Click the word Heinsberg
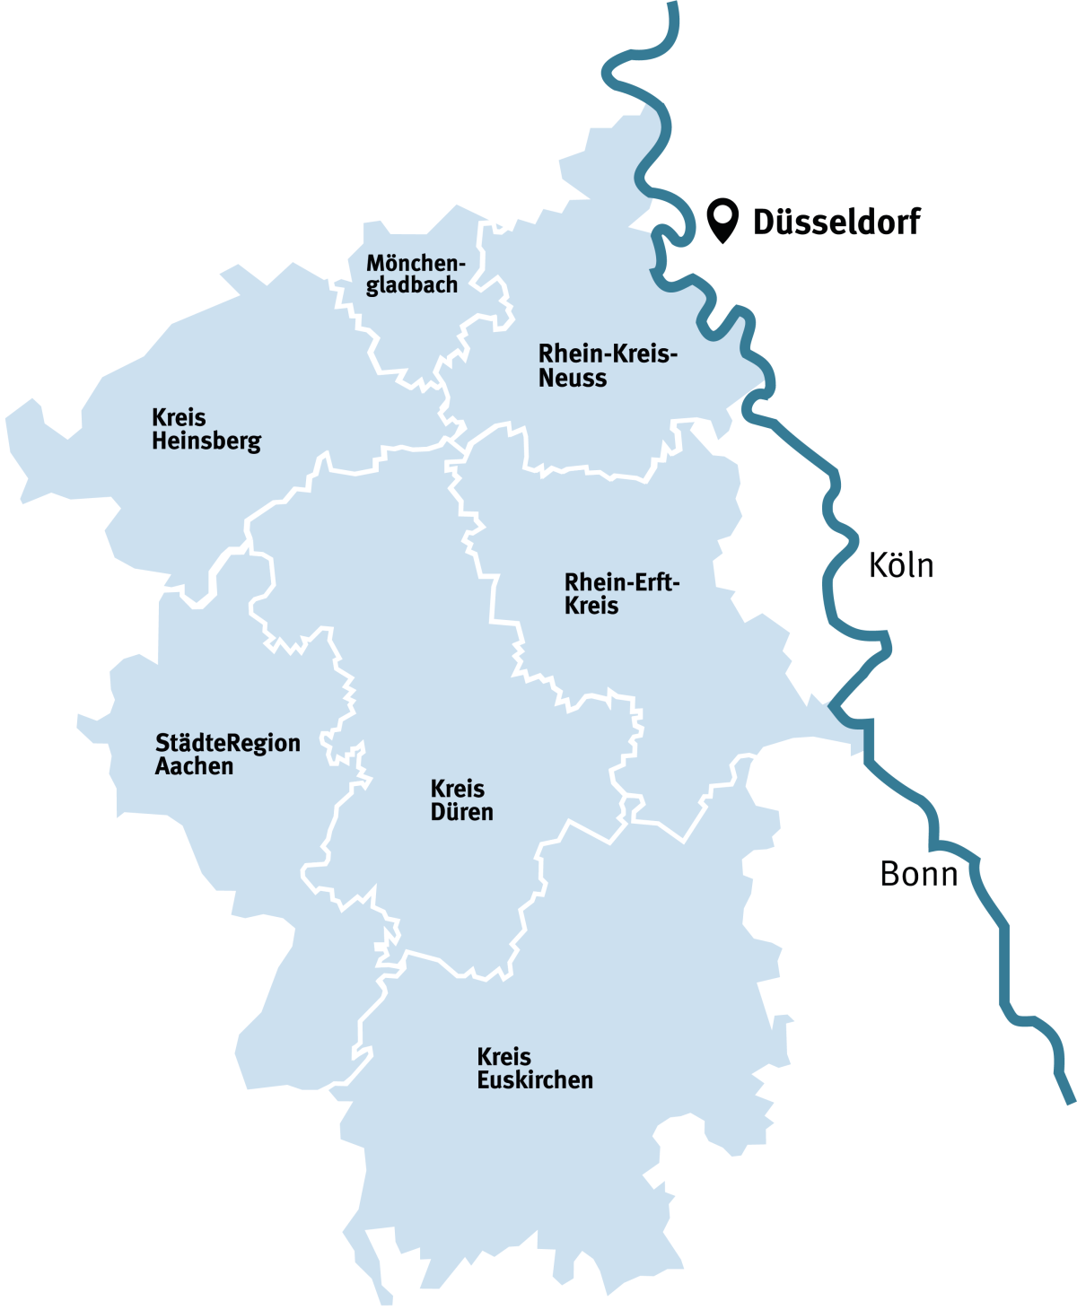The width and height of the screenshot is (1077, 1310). click(x=206, y=441)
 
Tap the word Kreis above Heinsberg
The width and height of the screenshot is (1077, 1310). click(x=179, y=418)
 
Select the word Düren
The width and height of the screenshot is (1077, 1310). click(x=461, y=812)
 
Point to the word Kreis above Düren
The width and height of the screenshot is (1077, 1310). click(x=458, y=789)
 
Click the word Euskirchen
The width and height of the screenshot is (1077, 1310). click(x=535, y=1079)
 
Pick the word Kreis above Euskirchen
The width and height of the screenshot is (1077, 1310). click(x=503, y=1056)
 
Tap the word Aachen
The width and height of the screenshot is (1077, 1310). click(x=194, y=766)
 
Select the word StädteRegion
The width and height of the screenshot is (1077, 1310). click(x=228, y=743)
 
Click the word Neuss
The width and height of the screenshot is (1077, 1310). click(x=573, y=378)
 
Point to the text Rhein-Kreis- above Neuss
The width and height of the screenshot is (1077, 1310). click(x=608, y=354)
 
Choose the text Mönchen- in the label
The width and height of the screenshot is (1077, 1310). click(x=416, y=264)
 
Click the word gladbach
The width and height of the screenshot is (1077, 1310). click(x=412, y=285)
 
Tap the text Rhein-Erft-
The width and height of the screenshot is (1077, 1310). click(x=622, y=582)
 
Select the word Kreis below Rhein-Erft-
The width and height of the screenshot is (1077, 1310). click(x=591, y=606)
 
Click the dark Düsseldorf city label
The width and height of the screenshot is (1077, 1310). click(x=836, y=221)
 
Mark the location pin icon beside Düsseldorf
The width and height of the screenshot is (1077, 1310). click(x=722, y=219)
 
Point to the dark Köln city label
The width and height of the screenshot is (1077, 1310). click(x=901, y=565)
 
